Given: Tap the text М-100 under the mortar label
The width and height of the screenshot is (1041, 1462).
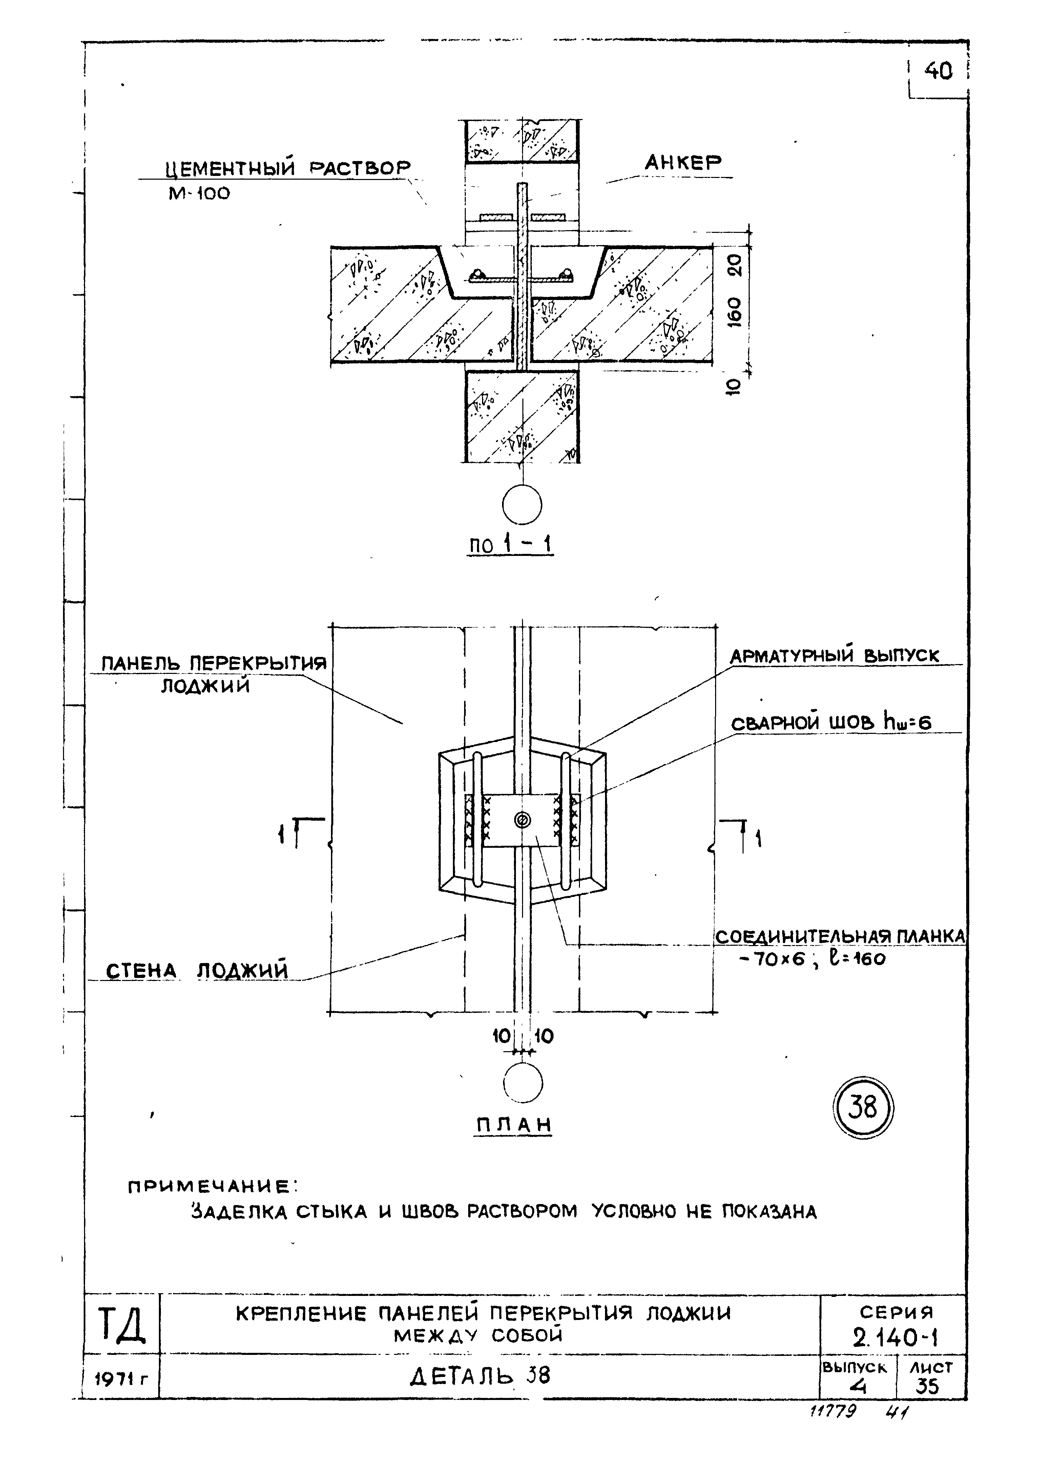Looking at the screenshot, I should point(199,193).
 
